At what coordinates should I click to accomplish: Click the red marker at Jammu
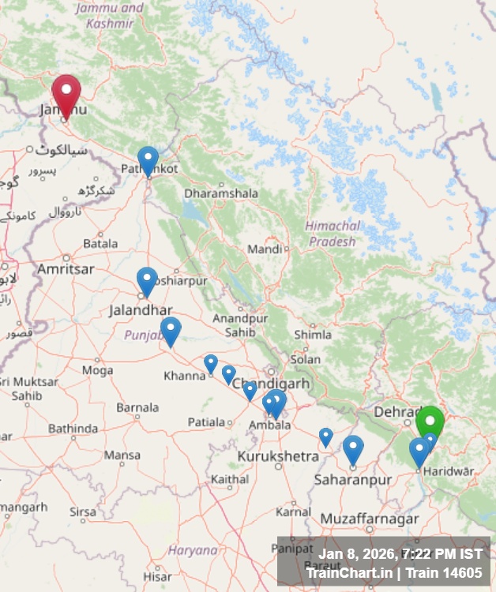(66, 93)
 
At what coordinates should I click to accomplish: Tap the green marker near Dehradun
(430, 421)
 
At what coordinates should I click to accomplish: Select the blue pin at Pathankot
(148, 159)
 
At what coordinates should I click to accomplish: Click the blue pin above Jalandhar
(147, 280)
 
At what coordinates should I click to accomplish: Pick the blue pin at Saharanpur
(353, 448)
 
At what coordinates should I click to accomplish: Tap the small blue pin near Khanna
(211, 363)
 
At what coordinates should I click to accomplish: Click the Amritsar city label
(66, 269)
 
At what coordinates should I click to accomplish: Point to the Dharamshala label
(210, 193)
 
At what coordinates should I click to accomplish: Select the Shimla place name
(313, 334)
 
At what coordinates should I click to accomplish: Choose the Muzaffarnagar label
(370, 519)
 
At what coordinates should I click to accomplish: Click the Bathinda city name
(73, 429)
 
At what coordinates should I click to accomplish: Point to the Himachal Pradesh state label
(333, 234)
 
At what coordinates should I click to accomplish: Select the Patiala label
(207, 422)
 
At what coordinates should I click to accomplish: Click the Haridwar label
(449, 471)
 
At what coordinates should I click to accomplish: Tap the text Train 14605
(444, 572)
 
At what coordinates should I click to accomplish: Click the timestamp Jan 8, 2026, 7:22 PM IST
(400, 554)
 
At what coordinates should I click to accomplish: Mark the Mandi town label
(265, 249)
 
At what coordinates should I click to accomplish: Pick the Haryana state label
(193, 550)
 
